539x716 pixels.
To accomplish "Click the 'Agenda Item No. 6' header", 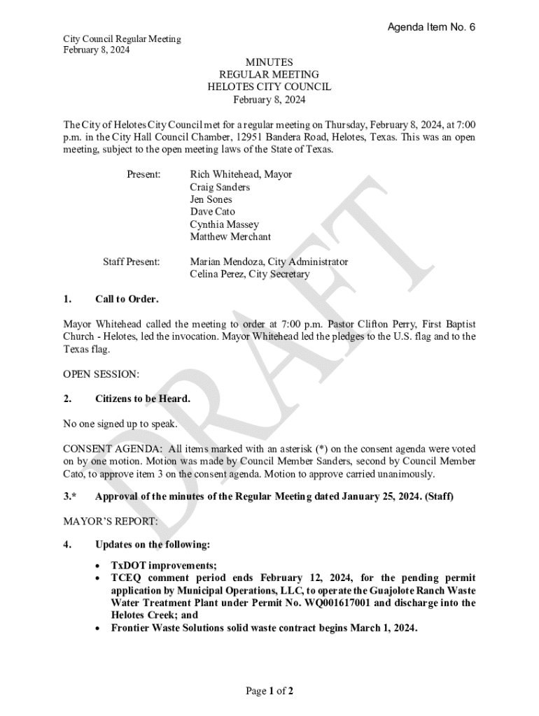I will [x=431, y=27].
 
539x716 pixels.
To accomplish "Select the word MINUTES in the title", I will [x=269, y=62].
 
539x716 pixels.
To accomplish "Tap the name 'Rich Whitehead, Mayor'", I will [x=241, y=174].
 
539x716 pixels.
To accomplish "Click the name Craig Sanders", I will [x=220, y=187].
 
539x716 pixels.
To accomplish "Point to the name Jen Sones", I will [x=211, y=199].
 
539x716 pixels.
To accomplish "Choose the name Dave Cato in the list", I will [x=212, y=212].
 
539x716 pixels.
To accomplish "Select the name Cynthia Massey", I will [x=224, y=224].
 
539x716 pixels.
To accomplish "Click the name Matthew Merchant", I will [x=230, y=237].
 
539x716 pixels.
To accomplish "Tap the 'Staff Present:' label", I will [x=131, y=262].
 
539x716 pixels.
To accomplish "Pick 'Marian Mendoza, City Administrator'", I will [x=269, y=262].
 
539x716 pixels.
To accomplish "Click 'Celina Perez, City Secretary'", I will [x=249, y=274].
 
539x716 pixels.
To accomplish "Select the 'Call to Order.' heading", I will [x=127, y=299].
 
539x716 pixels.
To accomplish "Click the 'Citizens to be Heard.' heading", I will [x=143, y=399].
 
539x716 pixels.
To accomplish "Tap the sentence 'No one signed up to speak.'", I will [x=120, y=424].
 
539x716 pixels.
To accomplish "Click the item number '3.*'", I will [x=69, y=497].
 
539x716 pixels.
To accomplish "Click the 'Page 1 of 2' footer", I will [x=269, y=692].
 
